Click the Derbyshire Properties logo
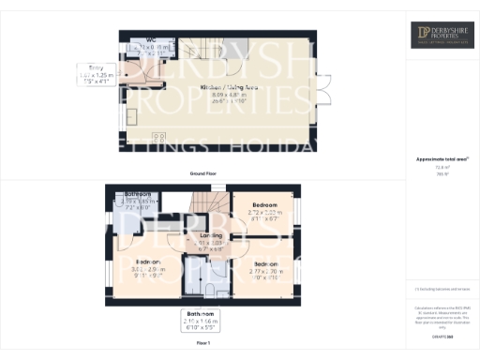coord(441,35)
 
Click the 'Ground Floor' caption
coord(203,174)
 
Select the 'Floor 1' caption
coord(204,345)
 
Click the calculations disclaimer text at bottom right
coord(441,314)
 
